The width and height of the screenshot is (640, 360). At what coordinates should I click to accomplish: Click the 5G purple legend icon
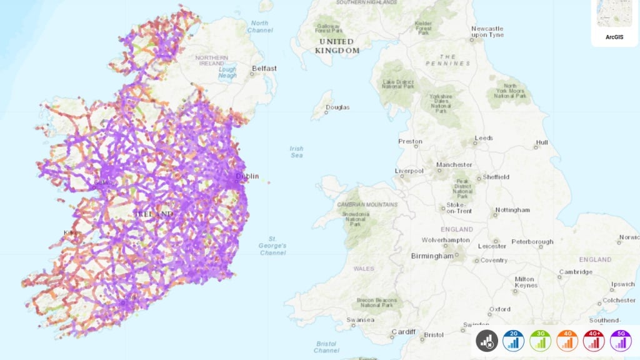[621, 340]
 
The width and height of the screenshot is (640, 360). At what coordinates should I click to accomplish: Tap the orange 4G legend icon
[567, 340]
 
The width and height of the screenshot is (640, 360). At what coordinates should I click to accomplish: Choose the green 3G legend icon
[540, 340]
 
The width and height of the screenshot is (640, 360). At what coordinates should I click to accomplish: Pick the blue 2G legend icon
[513, 340]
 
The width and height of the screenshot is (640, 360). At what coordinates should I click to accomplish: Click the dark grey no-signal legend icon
[486, 340]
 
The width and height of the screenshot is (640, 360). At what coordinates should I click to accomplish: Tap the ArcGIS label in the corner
[614, 37]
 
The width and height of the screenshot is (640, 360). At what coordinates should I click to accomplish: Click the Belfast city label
[263, 68]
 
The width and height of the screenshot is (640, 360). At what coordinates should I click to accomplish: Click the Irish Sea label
[296, 152]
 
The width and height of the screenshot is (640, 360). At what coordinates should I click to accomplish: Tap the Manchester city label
[454, 165]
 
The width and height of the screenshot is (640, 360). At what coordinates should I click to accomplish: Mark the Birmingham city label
[431, 256]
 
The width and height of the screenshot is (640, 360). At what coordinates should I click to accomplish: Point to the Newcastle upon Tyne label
[487, 32]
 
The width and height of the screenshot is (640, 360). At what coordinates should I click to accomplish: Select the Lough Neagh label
[227, 72]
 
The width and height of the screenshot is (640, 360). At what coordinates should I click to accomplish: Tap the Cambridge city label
[576, 272]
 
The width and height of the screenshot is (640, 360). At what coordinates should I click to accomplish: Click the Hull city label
[541, 142]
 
